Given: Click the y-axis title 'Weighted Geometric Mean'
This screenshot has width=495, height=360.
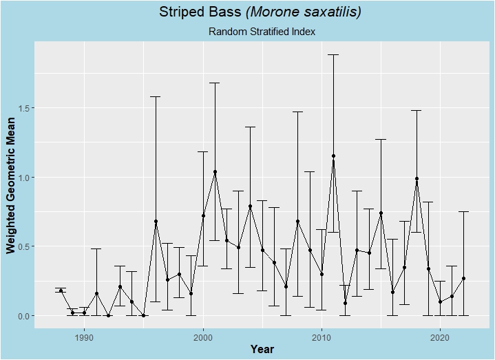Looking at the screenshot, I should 11,184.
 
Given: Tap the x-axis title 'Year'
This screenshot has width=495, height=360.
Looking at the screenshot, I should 262,349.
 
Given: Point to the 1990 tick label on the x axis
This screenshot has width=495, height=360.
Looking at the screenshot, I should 85,337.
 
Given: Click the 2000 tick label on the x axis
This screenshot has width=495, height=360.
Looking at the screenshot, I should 203,337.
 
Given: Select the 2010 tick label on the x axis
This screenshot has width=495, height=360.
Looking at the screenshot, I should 322,337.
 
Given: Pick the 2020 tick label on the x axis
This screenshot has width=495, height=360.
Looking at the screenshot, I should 440,337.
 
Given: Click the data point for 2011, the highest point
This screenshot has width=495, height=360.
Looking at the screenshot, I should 333,156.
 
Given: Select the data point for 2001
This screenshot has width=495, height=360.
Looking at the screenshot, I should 215,171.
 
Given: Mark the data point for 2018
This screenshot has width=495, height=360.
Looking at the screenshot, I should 417,178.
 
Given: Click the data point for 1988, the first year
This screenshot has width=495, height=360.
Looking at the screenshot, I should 61,290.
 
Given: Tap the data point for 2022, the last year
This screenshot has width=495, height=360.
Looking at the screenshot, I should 464,278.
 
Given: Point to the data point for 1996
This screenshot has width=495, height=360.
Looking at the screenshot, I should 156,222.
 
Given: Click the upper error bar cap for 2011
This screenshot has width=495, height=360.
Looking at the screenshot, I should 333,54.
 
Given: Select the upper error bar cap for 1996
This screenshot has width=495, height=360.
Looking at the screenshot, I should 156,96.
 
